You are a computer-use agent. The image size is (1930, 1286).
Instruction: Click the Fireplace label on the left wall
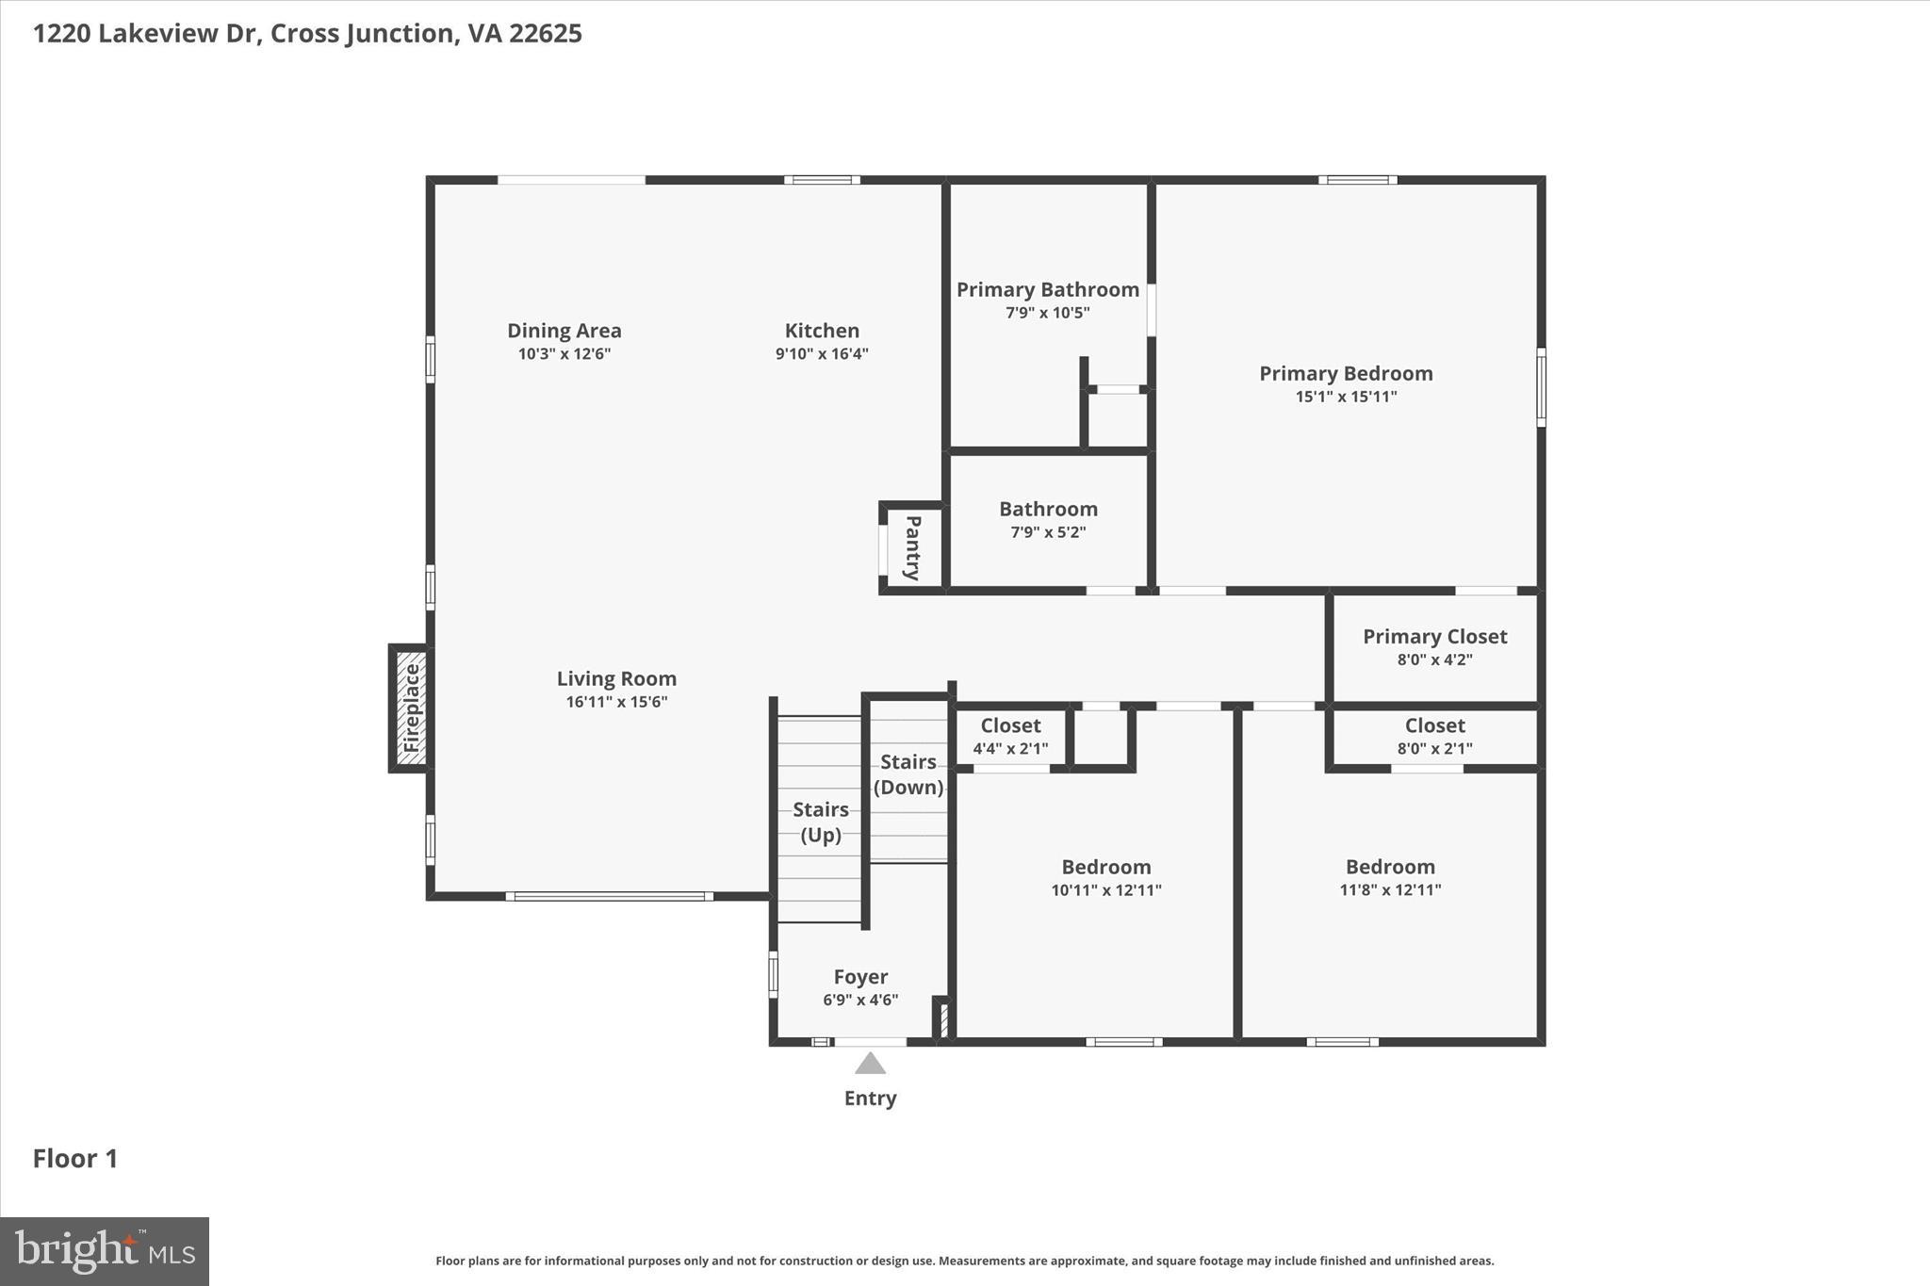(x=411, y=708)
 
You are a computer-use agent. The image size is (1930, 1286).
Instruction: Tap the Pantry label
(x=912, y=547)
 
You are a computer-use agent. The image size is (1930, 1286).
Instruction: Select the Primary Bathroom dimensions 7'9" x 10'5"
(x=1047, y=313)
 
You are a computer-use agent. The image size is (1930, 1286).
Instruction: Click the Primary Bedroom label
(x=1346, y=373)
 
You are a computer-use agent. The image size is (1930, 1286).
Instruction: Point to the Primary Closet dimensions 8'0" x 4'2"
(x=1434, y=659)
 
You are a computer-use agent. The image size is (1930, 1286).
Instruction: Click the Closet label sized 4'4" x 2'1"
(x=1010, y=725)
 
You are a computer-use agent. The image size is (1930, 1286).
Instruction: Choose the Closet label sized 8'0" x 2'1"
(x=1434, y=725)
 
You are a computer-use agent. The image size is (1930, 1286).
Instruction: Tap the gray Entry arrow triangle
(x=870, y=1065)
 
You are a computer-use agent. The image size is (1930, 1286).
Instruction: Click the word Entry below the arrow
(x=870, y=1099)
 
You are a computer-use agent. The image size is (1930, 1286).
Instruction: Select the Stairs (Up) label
(x=820, y=822)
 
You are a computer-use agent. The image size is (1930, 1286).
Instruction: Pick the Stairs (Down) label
(x=908, y=773)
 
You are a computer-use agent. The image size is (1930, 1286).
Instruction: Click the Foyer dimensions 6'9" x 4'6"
(x=860, y=1000)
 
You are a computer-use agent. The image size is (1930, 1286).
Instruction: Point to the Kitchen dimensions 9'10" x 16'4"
(x=822, y=354)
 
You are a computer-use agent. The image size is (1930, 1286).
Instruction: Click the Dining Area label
(x=564, y=331)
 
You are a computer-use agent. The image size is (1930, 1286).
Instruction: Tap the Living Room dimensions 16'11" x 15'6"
(x=616, y=702)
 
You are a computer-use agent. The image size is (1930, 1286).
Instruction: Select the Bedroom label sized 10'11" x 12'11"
(x=1106, y=867)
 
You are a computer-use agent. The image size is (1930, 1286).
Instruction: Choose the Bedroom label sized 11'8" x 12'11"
(x=1390, y=867)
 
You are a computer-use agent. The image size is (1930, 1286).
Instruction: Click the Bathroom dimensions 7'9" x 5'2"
(x=1048, y=532)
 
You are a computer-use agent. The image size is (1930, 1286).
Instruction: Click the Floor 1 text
(x=75, y=1159)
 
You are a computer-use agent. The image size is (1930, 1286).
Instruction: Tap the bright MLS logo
(x=105, y=1251)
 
